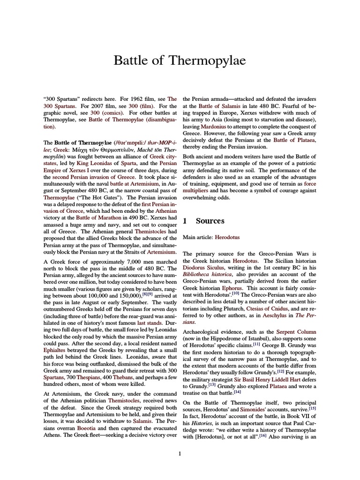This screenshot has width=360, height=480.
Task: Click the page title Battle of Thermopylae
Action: [x=180, y=60]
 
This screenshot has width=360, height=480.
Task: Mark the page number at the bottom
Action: [x=180, y=453]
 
